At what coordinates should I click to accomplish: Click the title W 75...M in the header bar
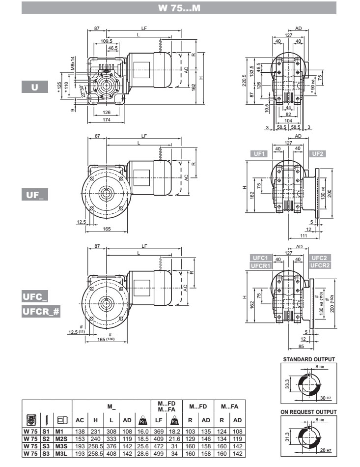[x=180, y=8]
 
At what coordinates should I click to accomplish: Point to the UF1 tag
[x=259, y=154]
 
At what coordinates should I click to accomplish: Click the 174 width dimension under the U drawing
[x=107, y=119]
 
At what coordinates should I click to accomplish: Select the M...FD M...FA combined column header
[x=166, y=407]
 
